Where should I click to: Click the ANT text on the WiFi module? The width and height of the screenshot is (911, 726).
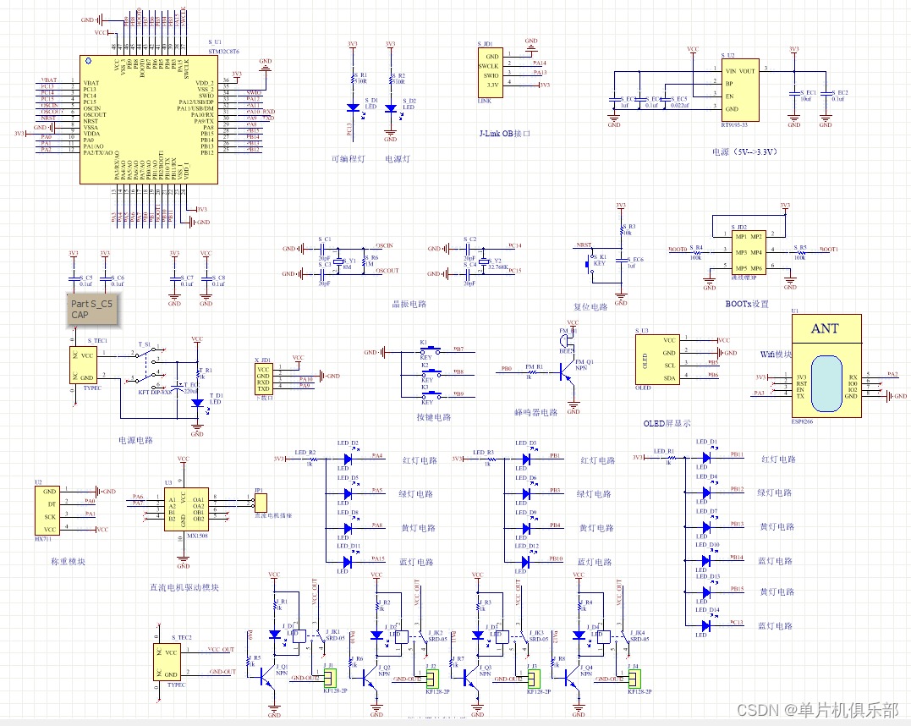pos(825,328)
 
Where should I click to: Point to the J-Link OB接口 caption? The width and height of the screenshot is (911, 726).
pos(504,134)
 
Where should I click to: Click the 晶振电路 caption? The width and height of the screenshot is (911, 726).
pos(409,304)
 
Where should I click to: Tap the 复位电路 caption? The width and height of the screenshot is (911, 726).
pos(590,306)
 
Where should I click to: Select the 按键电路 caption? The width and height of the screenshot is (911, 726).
pos(434,417)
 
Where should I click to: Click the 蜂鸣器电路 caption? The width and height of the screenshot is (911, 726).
pos(537,413)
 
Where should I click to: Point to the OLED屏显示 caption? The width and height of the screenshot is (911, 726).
pos(667,424)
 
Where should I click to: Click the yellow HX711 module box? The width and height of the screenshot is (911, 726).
pos(50,509)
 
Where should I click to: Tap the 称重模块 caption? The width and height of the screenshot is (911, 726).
pos(68,561)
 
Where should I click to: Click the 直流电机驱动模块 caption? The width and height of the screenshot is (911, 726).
pos(184,587)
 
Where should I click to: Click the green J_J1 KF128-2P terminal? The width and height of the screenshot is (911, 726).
pos(331,678)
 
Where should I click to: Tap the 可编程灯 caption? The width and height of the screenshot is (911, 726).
pos(348,159)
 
